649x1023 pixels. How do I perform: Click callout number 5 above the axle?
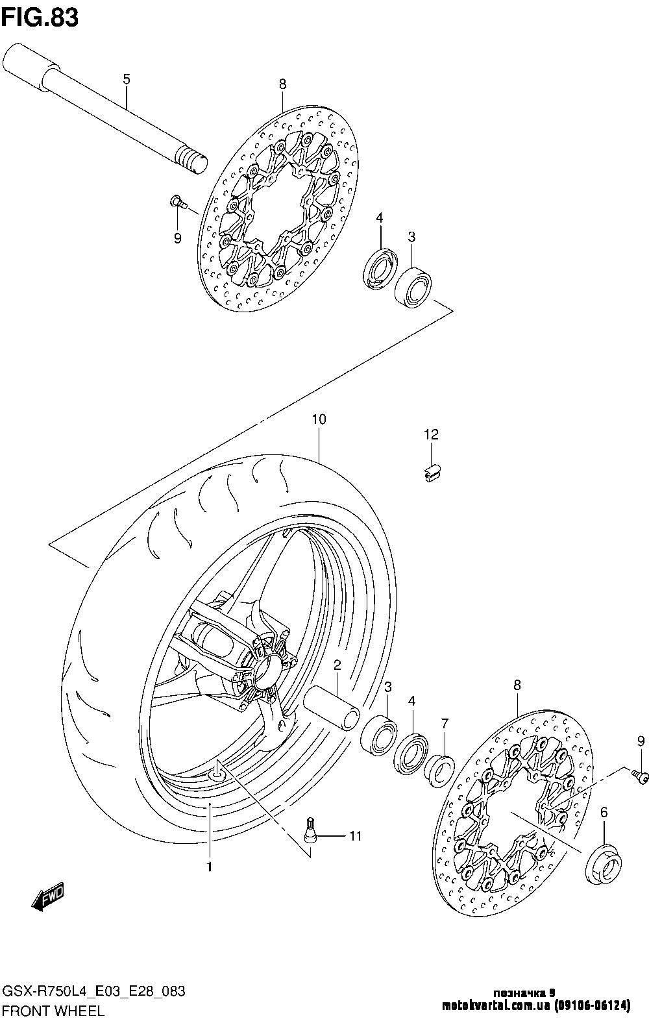tap(127, 79)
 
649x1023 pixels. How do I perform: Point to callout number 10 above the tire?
tap(319, 419)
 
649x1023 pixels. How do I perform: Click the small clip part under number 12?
tap(432, 472)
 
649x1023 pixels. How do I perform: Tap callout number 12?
tap(431, 434)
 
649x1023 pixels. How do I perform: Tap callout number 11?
tap(356, 836)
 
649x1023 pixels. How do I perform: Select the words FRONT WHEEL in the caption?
tap(53, 1011)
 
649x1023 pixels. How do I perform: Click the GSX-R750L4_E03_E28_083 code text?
tap(94, 991)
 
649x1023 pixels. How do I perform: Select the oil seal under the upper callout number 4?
tap(380, 269)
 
